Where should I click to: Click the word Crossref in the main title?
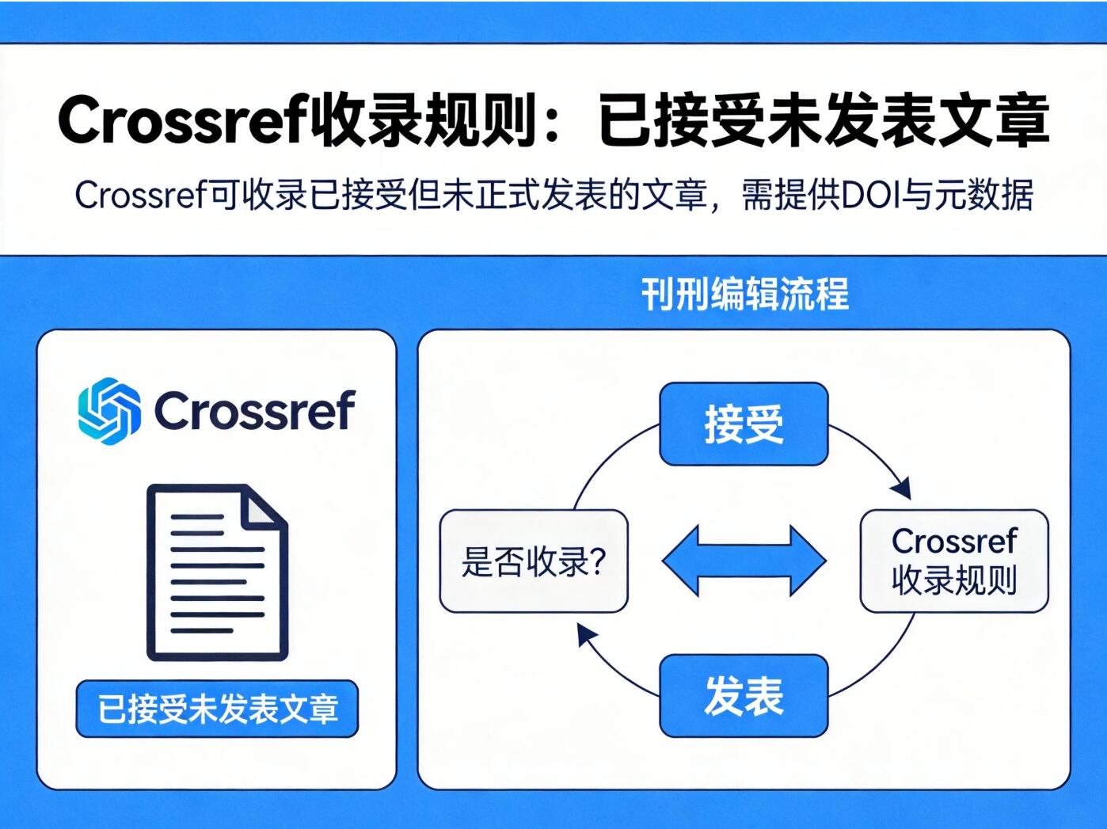[x=181, y=121]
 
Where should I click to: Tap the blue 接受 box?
[x=744, y=424]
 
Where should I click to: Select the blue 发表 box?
[x=744, y=696]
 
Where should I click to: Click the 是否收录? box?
[x=533, y=561]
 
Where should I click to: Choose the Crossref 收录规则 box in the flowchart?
[x=954, y=561]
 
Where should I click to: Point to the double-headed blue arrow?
[x=744, y=561]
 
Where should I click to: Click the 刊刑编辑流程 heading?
[x=744, y=294]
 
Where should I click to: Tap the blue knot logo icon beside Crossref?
[x=109, y=410]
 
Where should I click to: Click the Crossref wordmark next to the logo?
[x=254, y=410]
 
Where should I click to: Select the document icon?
[x=217, y=572]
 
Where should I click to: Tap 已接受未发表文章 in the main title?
[x=824, y=121]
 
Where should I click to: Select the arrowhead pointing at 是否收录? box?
[x=585, y=633]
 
